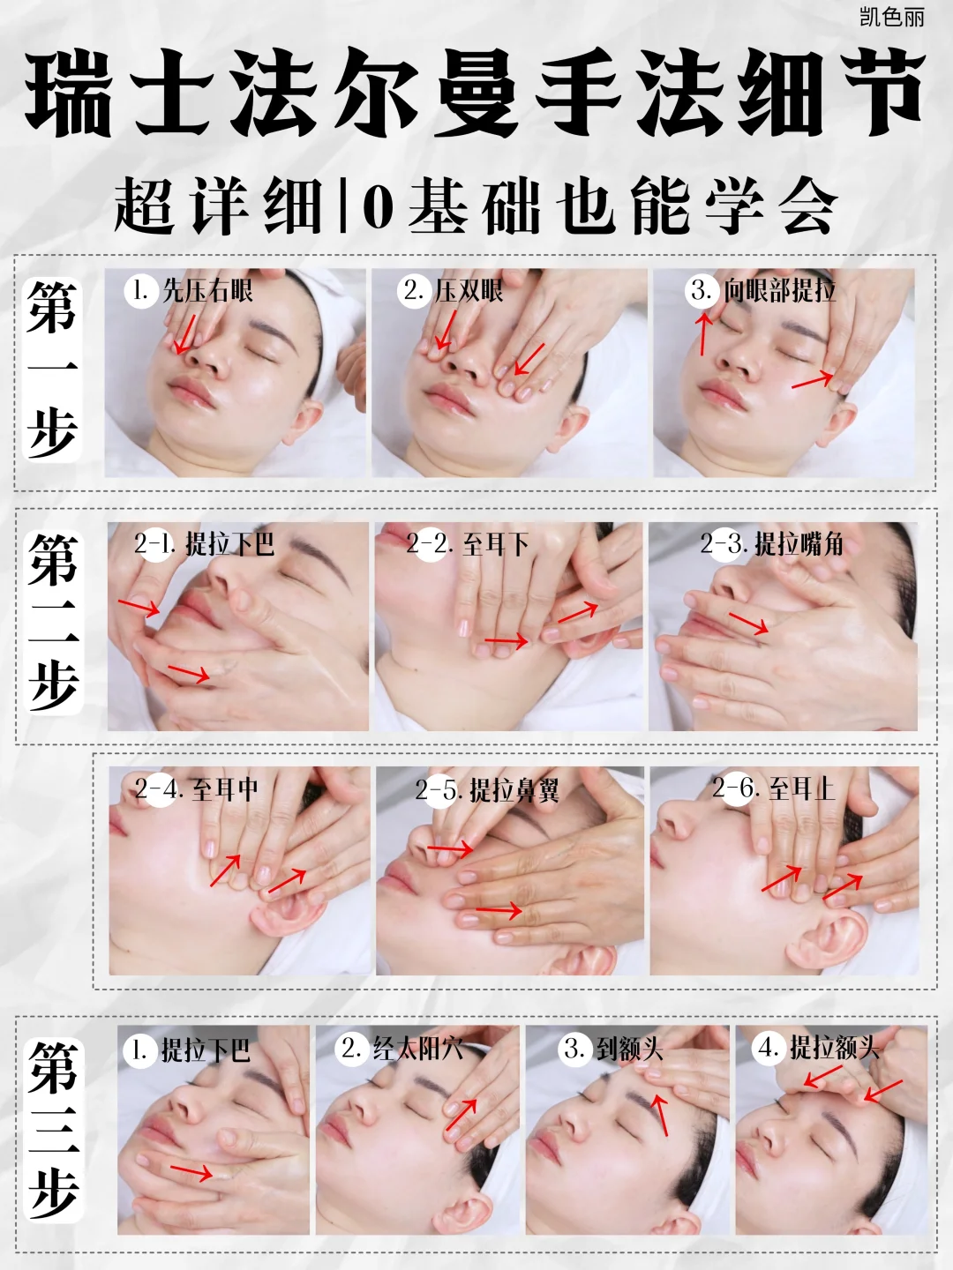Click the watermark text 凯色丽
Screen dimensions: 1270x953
coord(891,17)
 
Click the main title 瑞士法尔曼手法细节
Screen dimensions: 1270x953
coord(476,93)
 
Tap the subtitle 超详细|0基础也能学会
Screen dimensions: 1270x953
coord(476,206)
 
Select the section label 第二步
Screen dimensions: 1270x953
coord(53,623)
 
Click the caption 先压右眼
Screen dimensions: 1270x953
coord(207,290)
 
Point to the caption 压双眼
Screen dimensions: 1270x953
coord(469,290)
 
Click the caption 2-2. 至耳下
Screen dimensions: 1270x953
coord(468,543)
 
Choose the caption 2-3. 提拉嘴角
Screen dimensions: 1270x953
coord(772,543)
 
